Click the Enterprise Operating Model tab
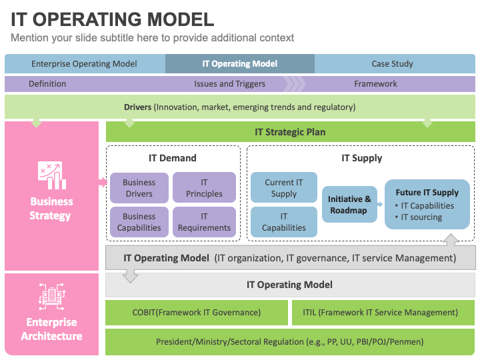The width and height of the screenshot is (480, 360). pos(84,64)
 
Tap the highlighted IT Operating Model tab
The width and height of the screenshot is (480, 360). pos(240,64)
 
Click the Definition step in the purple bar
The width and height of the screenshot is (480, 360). pos(47,84)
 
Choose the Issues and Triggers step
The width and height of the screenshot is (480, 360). pos(229,84)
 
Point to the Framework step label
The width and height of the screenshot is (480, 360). pos(375,84)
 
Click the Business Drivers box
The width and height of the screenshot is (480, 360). pos(139,187)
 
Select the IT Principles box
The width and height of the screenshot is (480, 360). pos(204,187)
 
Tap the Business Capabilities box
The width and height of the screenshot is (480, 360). pos(139,222)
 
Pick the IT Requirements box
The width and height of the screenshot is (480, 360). pos(204,222)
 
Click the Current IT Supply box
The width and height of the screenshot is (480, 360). pos(284,187)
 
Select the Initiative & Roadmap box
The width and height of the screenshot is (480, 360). pos(349,205)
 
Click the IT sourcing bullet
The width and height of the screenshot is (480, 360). pos(419,217)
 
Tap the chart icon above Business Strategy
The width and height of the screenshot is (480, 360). pos(52,175)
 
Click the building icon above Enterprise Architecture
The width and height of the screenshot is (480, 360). pos(52,296)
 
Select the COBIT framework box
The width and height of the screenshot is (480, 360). pos(197,313)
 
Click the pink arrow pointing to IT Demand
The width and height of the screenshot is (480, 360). pos(103,183)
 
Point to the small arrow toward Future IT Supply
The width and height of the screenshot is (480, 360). pos(380,204)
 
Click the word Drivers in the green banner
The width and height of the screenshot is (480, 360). pos(138,107)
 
